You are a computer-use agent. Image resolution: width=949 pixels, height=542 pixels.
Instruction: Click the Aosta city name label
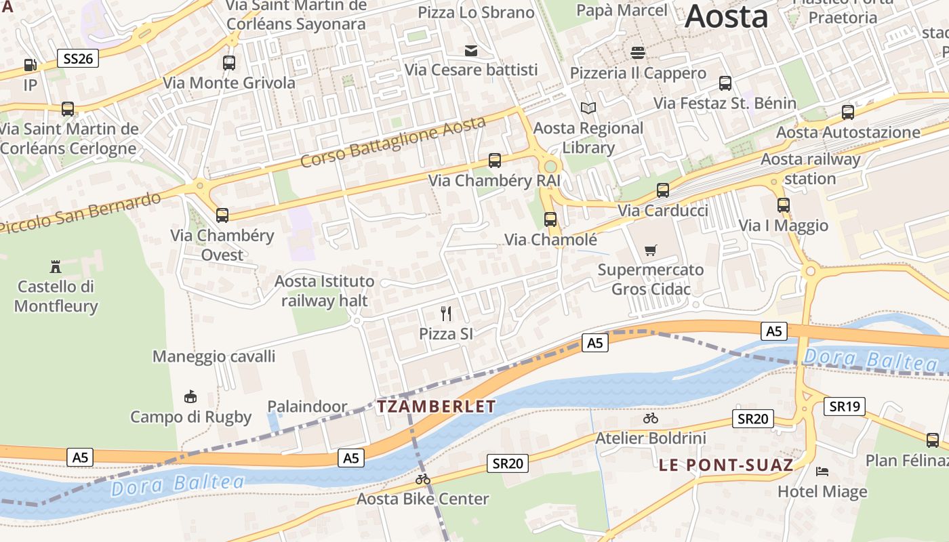click(x=726, y=16)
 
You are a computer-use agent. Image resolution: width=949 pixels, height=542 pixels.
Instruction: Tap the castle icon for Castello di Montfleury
click(x=56, y=266)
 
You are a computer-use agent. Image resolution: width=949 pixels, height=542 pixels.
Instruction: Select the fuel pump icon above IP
click(x=30, y=65)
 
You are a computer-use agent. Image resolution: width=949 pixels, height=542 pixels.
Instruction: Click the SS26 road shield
click(x=77, y=58)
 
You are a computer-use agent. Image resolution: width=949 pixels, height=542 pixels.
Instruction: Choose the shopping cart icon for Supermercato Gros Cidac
click(x=651, y=250)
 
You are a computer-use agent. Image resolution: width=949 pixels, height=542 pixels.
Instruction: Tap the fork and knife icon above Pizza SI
click(x=446, y=313)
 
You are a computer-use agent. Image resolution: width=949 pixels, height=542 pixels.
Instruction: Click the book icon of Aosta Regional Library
click(x=588, y=108)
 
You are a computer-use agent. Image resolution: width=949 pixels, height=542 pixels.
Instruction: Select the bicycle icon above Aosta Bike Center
click(x=423, y=479)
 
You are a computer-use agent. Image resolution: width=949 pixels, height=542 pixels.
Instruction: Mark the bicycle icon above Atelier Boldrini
click(x=651, y=418)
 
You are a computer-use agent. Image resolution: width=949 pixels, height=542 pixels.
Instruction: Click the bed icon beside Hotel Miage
click(x=822, y=471)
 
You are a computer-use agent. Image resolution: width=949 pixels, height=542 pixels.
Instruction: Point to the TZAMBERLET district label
click(x=437, y=406)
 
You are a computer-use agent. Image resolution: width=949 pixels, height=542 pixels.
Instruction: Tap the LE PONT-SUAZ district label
click(x=726, y=465)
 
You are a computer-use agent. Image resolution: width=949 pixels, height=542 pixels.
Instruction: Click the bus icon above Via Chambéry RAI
click(x=495, y=161)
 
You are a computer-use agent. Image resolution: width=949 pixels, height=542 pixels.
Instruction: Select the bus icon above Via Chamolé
click(x=550, y=220)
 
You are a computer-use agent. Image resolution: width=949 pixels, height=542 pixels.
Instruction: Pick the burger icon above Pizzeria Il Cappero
click(x=637, y=52)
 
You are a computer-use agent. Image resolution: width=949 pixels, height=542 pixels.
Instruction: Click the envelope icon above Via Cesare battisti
click(x=471, y=50)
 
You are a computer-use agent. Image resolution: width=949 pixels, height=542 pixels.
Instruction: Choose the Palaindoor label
click(x=307, y=406)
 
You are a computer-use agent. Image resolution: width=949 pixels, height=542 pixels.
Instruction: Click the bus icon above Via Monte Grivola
click(x=229, y=63)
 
